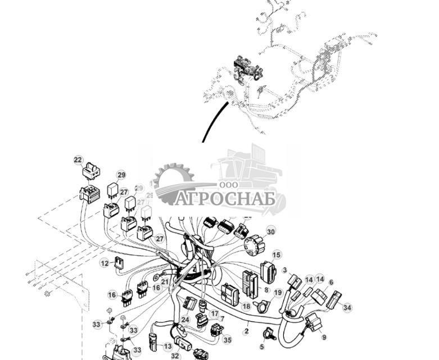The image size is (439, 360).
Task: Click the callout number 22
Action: coord(78,160)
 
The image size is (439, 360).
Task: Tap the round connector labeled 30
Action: coord(254,245)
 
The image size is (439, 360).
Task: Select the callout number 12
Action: coord(105,263)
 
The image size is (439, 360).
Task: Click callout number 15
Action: coord(277,255)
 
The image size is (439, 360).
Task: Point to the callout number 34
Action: coord(347,308)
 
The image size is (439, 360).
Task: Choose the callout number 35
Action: coord(227,339)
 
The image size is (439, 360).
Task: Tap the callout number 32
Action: coord(175,356)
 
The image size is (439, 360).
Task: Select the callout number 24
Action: coord(185,320)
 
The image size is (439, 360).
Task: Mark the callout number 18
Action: coord(246,307)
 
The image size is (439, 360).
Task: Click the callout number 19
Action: coord(278,293)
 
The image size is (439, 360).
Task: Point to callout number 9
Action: coord(324,336)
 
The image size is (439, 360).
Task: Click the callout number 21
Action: coord(165,281)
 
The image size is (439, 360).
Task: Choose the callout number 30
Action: coord(271,231)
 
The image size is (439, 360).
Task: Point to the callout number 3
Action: coord(284,271)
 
